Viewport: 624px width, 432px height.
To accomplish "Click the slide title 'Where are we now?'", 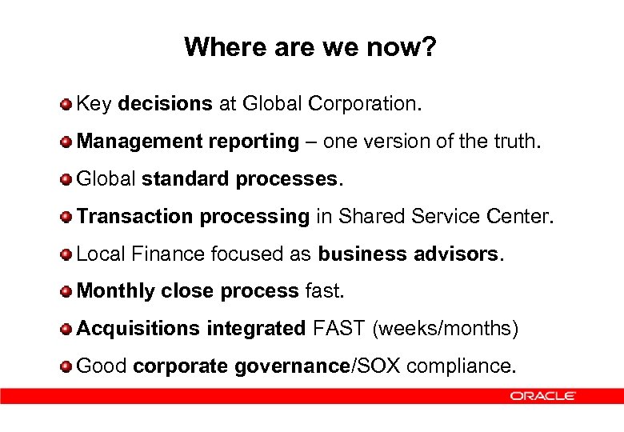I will point(310,47).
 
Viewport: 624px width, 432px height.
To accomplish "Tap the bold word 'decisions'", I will point(165,104).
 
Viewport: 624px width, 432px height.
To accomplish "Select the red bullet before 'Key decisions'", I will point(67,105).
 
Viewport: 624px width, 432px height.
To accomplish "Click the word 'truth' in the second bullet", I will point(516,142).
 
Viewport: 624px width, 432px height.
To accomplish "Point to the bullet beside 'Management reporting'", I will point(67,142).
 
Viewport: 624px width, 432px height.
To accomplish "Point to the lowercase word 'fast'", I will point(324,291).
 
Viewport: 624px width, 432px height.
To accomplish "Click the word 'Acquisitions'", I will point(138,328).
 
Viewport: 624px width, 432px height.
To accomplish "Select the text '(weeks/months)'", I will point(446,328).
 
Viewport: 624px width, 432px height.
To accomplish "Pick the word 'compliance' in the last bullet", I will point(460,366).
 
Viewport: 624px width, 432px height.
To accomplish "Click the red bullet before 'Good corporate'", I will point(67,366).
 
